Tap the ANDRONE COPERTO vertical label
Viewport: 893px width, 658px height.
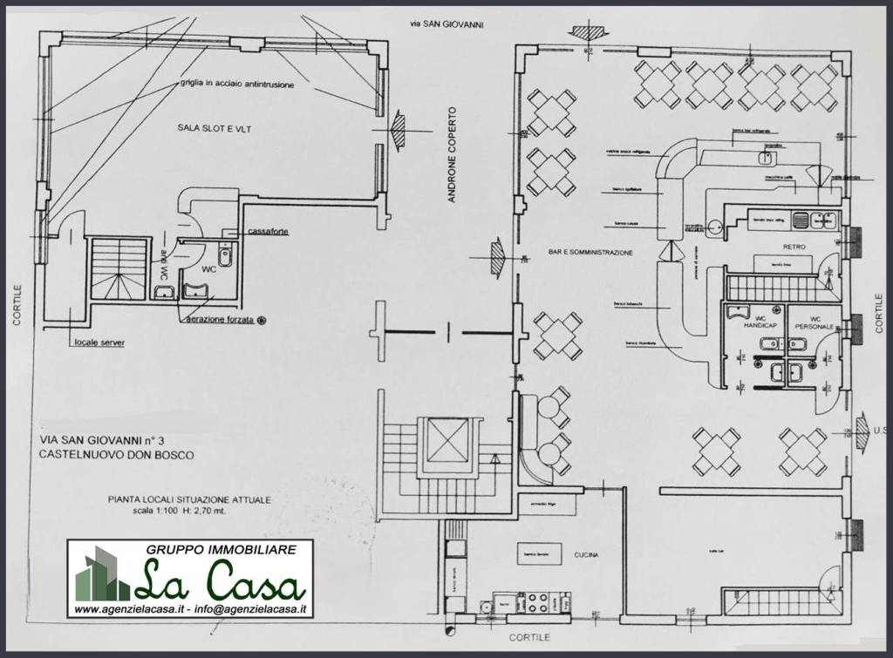[452, 154]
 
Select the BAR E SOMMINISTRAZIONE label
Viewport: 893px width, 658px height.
[590, 253]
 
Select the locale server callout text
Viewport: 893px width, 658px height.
[99, 343]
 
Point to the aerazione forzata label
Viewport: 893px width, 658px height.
[219, 320]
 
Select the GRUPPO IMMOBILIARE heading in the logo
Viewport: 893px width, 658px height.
[222, 549]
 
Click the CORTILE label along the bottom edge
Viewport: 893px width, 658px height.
[528, 638]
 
